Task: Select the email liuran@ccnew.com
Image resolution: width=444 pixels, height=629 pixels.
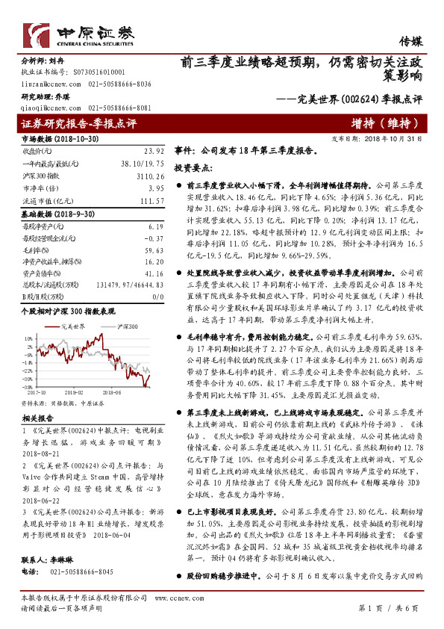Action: click(x=46, y=84)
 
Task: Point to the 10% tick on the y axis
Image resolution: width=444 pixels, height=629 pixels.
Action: click(x=28, y=338)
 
